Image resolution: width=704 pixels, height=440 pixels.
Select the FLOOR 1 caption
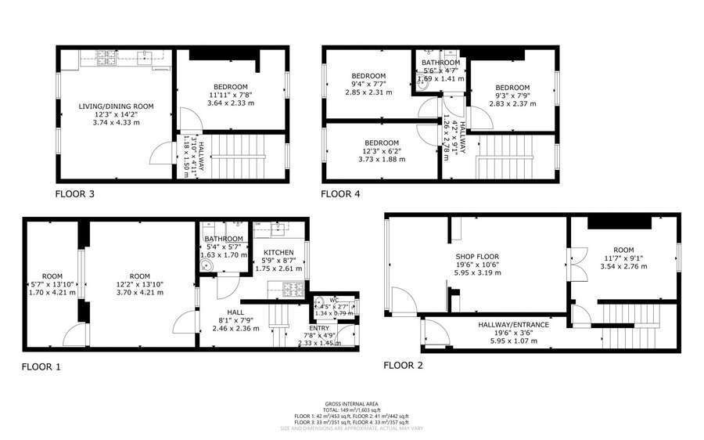coord(41,366)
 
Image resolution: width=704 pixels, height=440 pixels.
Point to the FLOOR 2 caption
coord(404,365)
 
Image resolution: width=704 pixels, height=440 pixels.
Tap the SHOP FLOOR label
coord(477,257)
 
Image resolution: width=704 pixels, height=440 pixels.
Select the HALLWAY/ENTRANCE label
coord(513,324)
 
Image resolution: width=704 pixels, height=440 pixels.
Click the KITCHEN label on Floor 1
coord(278,252)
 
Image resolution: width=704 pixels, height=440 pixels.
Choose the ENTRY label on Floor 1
coord(318,328)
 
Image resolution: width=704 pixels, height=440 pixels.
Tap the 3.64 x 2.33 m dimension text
coord(228,103)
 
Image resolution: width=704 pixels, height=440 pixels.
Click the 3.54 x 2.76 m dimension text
coord(624,266)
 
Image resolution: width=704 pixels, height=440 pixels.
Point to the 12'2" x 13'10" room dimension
coord(139,284)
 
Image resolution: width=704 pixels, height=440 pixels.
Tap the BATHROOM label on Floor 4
coord(441,63)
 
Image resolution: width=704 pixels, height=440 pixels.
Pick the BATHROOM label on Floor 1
coord(224,239)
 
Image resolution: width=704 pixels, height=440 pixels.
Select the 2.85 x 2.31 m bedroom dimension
coord(368,92)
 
